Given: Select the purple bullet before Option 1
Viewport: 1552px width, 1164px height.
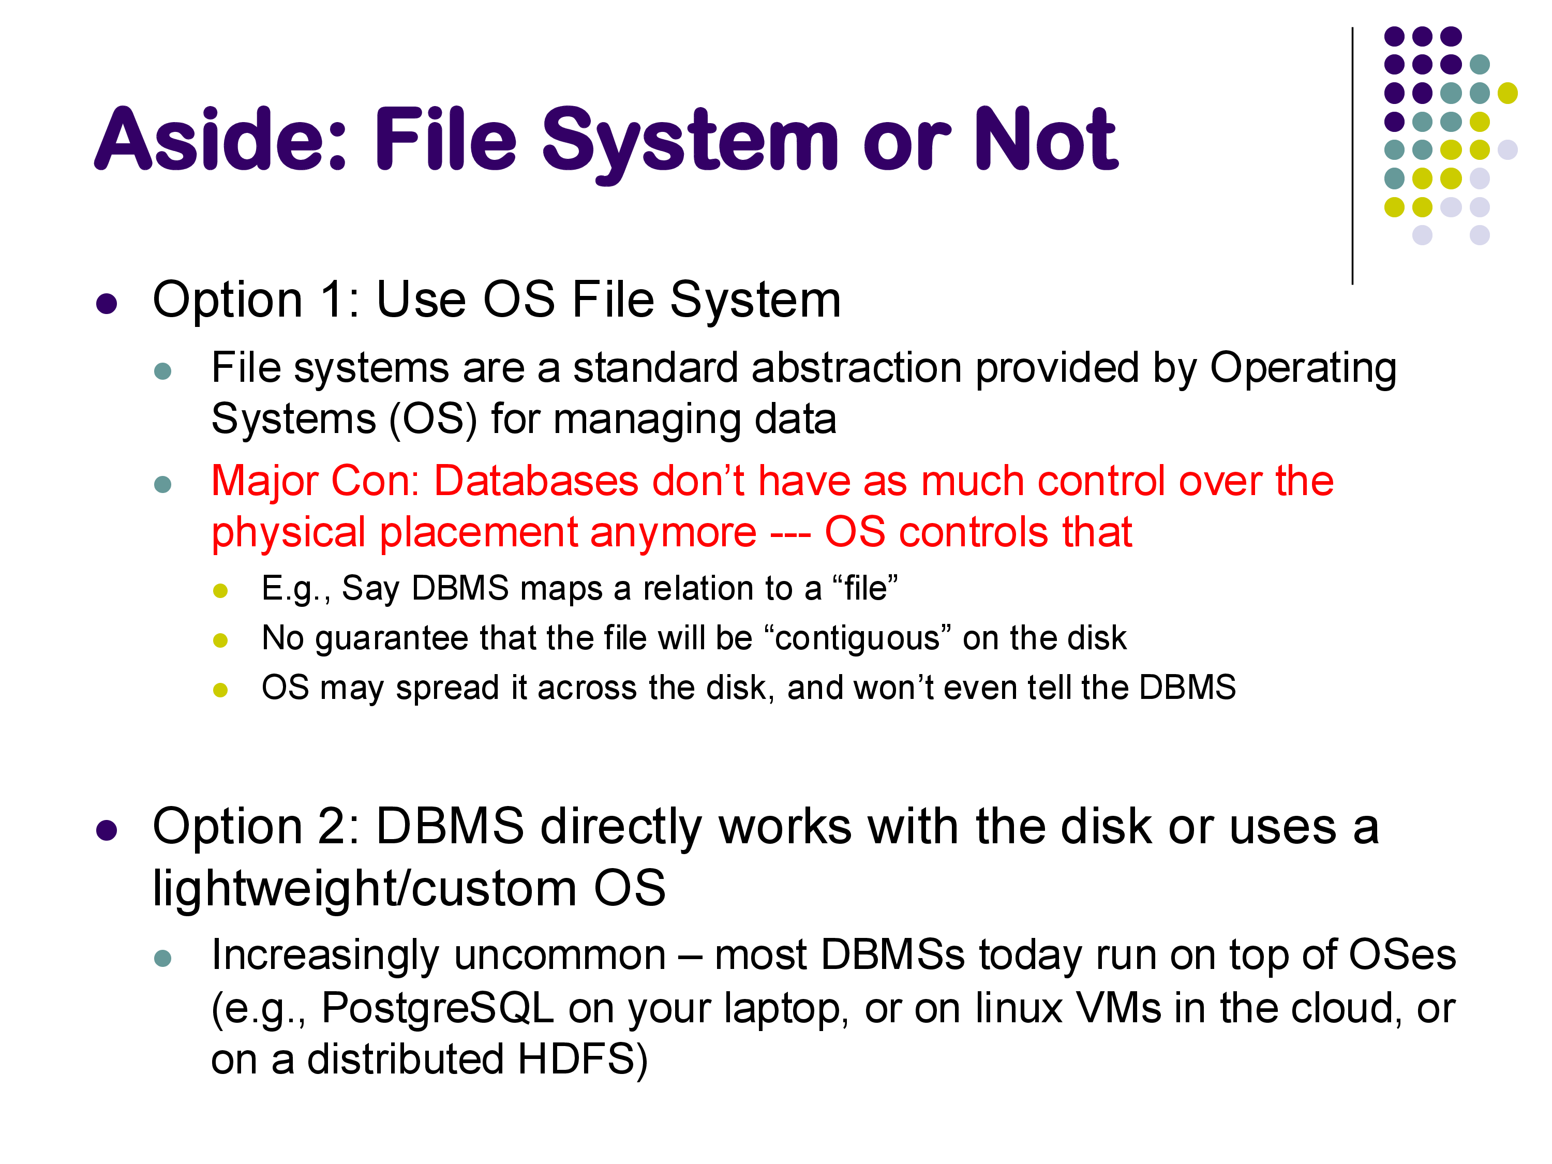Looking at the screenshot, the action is (x=107, y=304).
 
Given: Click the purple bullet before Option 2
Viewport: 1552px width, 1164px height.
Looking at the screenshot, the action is (x=107, y=830).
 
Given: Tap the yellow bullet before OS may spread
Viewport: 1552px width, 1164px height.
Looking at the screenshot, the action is (x=220, y=690).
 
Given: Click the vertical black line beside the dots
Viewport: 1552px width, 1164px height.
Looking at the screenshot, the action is (x=1352, y=156).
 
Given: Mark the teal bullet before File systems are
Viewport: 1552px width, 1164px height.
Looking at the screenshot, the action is (x=163, y=371).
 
